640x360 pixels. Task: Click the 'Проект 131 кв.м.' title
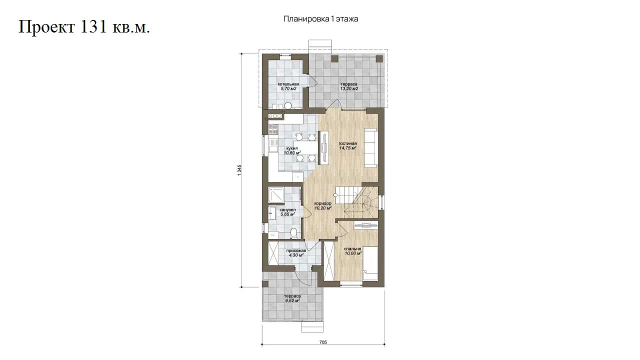click(x=84, y=27)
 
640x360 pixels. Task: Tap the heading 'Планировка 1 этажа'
click(x=320, y=19)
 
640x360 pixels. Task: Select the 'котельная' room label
click(x=288, y=84)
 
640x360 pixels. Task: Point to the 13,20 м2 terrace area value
click(x=349, y=89)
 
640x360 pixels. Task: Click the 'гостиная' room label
click(x=347, y=143)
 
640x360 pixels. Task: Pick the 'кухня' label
click(x=292, y=148)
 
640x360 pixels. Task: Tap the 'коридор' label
click(x=323, y=203)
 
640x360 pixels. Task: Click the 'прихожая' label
click(x=296, y=250)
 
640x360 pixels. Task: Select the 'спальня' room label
click(x=352, y=248)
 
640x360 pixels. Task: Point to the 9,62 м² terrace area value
click(x=292, y=301)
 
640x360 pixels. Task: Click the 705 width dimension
click(x=323, y=342)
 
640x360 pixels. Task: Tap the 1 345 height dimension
click(x=239, y=170)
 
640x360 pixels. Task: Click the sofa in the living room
click(x=370, y=147)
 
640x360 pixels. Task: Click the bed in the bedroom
click(x=370, y=263)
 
